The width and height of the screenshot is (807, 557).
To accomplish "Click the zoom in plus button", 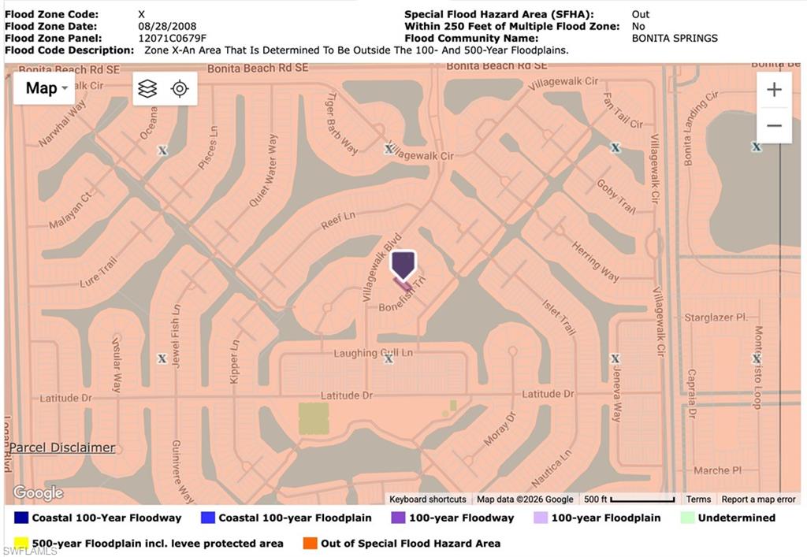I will (774, 90).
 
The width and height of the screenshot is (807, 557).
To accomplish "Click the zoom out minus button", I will (774, 126).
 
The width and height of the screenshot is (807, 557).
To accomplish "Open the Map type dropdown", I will (46, 88).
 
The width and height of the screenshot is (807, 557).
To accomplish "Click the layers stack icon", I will (147, 88).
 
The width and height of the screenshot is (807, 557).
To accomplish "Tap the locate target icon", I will (180, 88).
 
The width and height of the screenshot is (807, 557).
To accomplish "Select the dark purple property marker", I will (403, 265).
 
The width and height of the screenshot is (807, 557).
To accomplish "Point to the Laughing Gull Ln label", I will (372, 353).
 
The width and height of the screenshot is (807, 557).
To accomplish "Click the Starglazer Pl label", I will (715, 317).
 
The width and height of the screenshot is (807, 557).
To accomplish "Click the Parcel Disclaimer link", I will (62, 447).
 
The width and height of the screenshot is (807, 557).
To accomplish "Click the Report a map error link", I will (758, 499).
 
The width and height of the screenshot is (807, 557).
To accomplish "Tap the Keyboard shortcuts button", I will (427, 499).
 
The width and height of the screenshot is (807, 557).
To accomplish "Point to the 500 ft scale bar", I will (642, 499).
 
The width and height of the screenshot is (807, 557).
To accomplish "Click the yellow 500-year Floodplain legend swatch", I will (21, 544).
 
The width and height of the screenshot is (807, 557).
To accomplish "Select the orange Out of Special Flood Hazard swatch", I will (310, 544).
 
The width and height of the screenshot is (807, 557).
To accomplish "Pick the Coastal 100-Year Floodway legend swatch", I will (21, 518).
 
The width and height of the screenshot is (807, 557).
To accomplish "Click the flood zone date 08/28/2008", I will (167, 26).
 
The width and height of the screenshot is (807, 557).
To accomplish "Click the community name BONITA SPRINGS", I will (675, 38).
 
